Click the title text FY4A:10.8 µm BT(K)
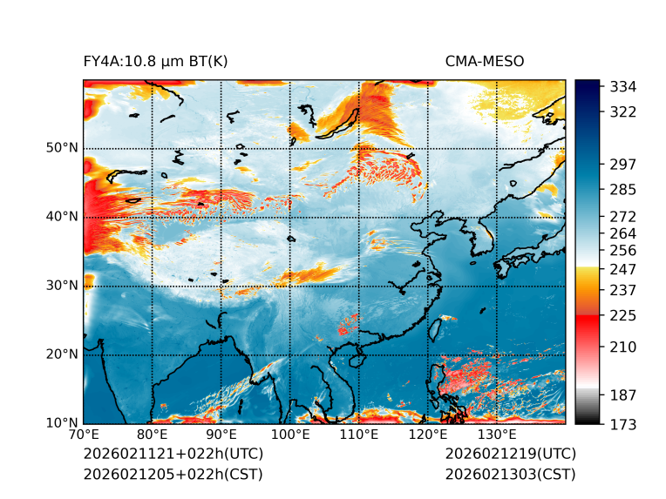pyautogui.click(x=155, y=61)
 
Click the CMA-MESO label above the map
pyautogui.click(x=484, y=61)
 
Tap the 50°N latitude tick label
pyautogui.click(x=61, y=148)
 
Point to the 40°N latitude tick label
pyautogui.click(x=61, y=217)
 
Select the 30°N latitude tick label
pyautogui.click(x=61, y=286)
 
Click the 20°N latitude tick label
pyautogui.click(x=61, y=354)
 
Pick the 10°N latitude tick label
pyautogui.click(x=61, y=423)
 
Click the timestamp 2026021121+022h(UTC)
pyautogui.click(x=173, y=455)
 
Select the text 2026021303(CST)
pyautogui.click(x=510, y=475)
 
